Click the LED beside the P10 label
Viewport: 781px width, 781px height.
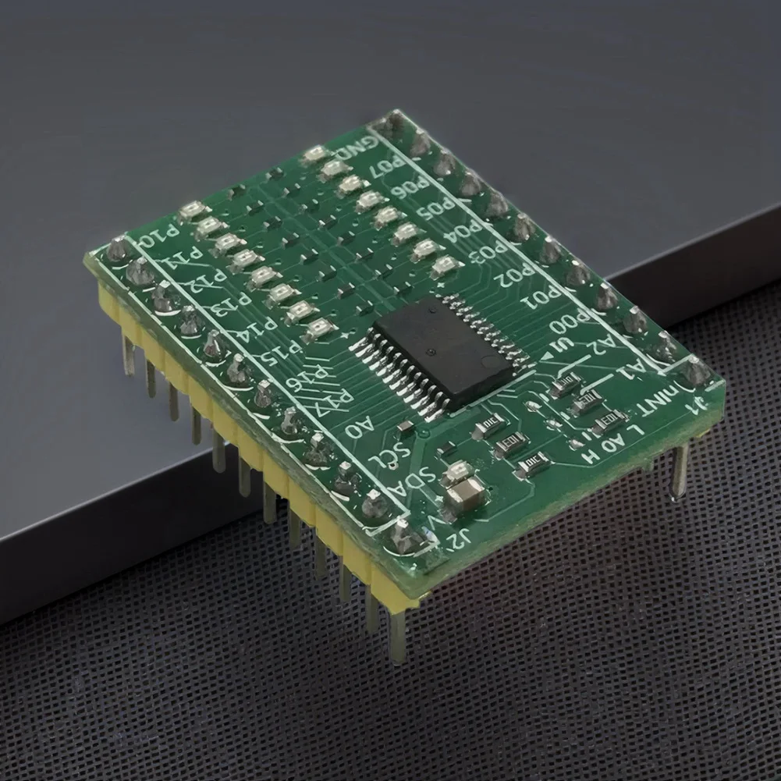click(x=190, y=211)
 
